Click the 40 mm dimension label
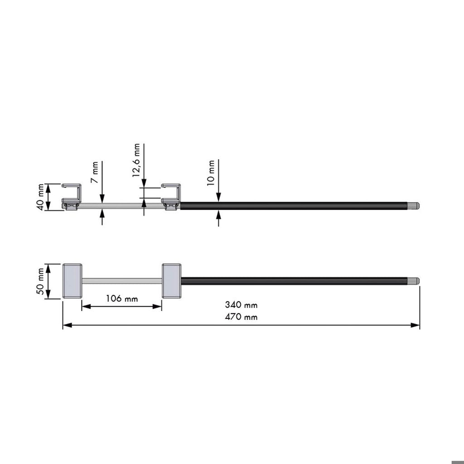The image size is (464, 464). [40, 197]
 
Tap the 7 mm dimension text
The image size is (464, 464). [95, 172]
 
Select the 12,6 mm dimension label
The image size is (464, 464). [136, 160]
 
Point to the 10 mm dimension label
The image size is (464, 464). [211, 173]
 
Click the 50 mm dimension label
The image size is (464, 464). [40, 281]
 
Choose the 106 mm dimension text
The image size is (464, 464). [122, 298]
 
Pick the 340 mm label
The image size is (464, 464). [241, 304]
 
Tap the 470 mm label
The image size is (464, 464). [241, 317]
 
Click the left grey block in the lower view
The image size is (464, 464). [72, 281]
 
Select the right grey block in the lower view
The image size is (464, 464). [172, 281]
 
